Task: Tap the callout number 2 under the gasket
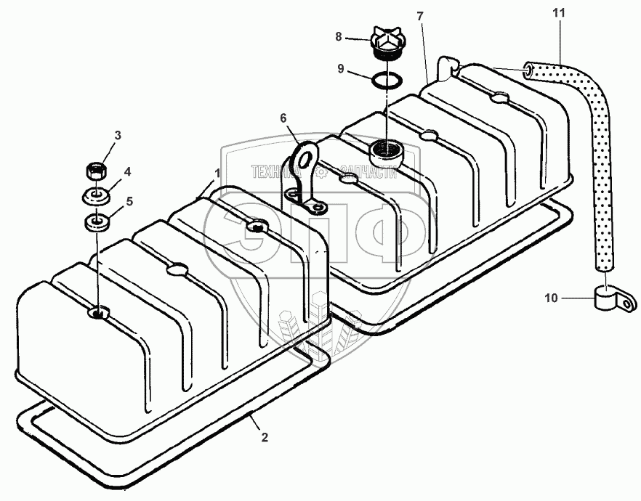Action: coord(265,437)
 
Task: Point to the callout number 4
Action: coord(127,172)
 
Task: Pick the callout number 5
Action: coord(130,202)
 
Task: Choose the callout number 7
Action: coord(420,15)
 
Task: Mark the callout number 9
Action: coord(340,70)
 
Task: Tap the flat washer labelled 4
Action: coord(95,197)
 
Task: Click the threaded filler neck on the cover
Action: coord(383,152)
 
